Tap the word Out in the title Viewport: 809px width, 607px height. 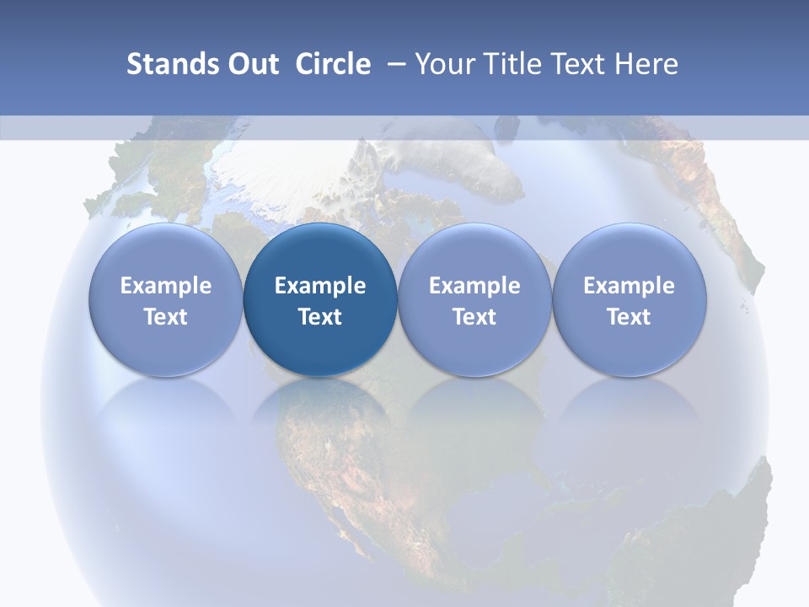[250, 64]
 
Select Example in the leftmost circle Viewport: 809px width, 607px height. [166, 286]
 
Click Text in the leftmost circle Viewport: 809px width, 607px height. [166, 317]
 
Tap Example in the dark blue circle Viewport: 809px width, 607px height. [320, 286]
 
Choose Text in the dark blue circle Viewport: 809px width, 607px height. [320, 317]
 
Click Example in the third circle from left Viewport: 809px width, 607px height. [474, 286]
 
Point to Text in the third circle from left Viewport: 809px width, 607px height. [474, 317]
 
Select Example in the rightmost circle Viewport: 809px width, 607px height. [629, 286]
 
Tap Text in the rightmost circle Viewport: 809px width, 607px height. [629, 317]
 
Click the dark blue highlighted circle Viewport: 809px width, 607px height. [320, 253]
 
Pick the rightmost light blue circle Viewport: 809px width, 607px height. [629, 253]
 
